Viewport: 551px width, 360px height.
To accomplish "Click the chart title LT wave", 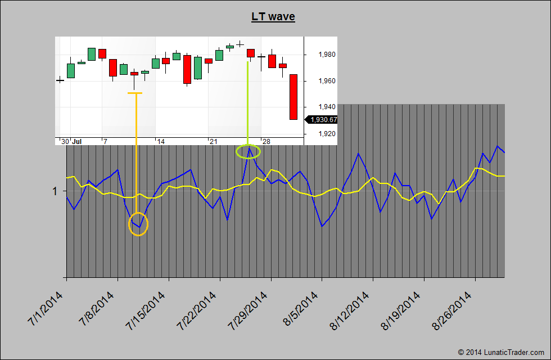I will point(273,17).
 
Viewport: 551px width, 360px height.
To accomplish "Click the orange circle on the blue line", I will point(138,224).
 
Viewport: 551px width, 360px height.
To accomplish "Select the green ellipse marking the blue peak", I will point(248,151).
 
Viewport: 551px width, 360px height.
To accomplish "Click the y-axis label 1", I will point(55,191).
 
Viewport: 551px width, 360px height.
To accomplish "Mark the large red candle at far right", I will point(293,97).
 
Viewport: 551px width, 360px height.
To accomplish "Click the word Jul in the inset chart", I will point(77,141).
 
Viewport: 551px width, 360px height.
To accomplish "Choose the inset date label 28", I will point(267,141).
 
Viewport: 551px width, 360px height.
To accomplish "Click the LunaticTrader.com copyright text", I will point(502,352).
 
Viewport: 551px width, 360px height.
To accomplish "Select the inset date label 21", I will point(213,141).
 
